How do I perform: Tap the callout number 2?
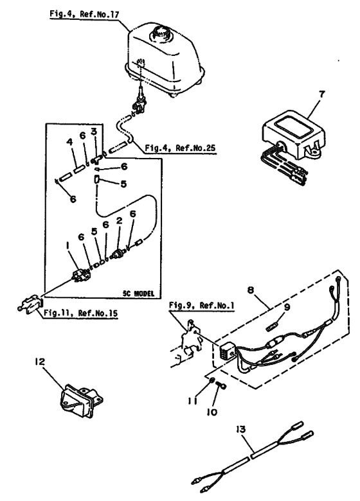(x=118, y=222)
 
